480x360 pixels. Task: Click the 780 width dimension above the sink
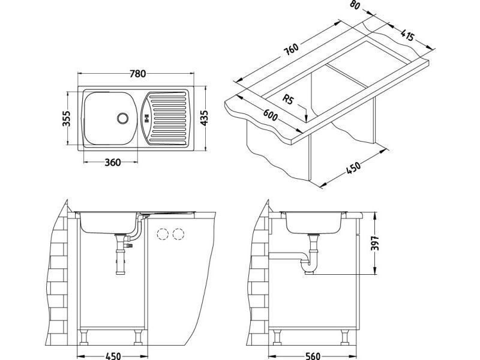[x=138, y=74]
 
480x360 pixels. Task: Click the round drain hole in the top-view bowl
[x=124, y=118]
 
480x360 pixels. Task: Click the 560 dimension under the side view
[x=313, y=354]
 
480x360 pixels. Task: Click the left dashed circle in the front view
[x=163, y=235]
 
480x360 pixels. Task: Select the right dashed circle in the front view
[x=178, y=235]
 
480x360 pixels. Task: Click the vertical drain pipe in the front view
[x=119, y=260]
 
